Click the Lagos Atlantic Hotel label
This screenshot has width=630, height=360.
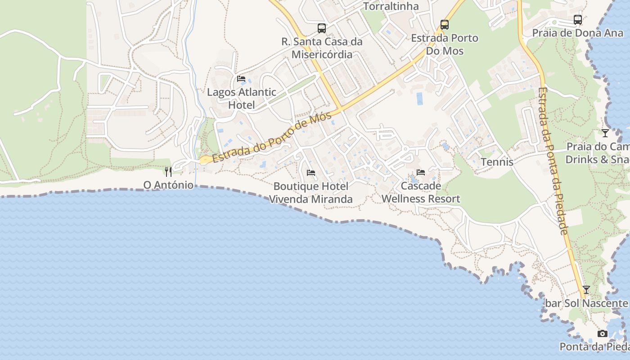pos(241,99)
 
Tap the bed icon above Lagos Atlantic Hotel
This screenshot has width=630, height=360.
pos(241,79)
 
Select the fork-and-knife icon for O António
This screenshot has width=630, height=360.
pos(168,171)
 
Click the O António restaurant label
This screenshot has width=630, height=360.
pos(168,185)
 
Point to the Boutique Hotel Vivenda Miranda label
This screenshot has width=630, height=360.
pos(311,193)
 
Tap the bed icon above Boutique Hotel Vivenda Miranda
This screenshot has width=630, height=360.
pos(310,172)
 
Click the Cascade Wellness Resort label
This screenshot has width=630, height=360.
pos(421,192)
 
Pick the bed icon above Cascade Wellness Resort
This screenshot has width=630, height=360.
pos(421,172)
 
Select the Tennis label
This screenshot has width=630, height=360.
pos(497,162)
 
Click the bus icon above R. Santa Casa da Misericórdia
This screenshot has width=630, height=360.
pos(322,28)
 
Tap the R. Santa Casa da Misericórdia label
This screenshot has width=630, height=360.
pos(322,48)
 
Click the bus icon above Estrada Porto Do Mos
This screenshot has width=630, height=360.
pos(445,25)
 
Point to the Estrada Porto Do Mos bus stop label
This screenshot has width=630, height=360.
pos(445,44)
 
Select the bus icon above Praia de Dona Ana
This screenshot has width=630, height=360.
pos(578,20)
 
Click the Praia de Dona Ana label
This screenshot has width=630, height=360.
pos(578,33)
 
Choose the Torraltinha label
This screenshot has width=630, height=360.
pos(391,6)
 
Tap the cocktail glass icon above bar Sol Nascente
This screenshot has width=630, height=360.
pos(586,290)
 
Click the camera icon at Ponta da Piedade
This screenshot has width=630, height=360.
pos(602,333)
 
